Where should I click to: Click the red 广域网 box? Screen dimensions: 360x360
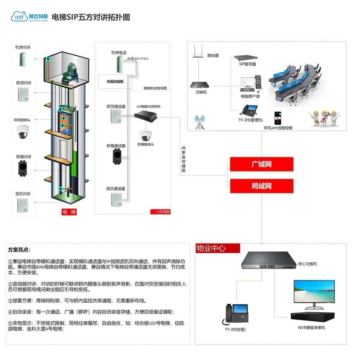point(261,164)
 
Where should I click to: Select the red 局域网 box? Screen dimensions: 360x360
point(261,186)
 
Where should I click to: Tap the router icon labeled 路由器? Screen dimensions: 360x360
point(198,51)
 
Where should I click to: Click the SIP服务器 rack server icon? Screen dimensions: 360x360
point(245,58)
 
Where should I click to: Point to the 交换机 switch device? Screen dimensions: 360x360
point(199,85)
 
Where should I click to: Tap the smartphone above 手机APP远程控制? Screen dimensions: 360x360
point(278,118)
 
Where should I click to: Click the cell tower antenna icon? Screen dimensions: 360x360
point(200,122)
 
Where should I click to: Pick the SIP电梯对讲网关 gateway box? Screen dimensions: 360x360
point(146,116)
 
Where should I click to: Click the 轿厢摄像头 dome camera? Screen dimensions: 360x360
point(146,136)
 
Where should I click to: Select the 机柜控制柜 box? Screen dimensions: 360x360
point(115,81)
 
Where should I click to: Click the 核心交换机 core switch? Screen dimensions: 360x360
point(269,261)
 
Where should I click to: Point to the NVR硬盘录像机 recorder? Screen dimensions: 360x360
point(313,317)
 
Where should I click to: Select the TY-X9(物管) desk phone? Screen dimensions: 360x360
point(235,314)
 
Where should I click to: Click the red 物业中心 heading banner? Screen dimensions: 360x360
point(218,248)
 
